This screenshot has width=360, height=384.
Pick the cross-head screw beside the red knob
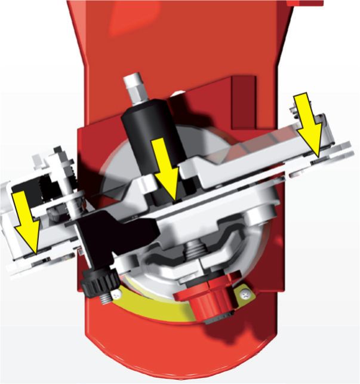(245, 294)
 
